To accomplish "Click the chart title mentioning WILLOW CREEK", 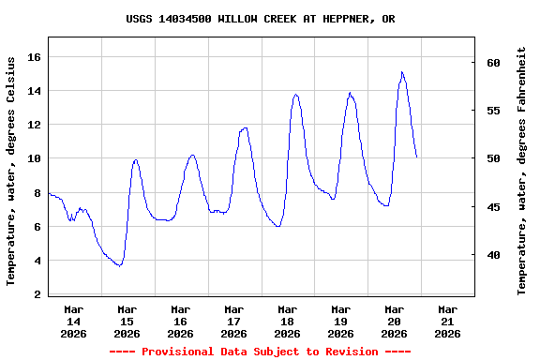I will [x=260, y=19].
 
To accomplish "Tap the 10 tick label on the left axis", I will [x=34, y=159].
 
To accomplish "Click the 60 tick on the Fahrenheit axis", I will [x=493, y=63].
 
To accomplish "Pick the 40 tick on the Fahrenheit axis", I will [x=493, y=255].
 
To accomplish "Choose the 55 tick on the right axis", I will [x=493, y=111].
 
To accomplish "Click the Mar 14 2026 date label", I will [x=73, y=321].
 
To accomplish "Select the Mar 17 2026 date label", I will [x=233, y=321].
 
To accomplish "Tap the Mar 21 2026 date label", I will [x=447, y=321].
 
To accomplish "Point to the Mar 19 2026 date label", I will [x=340, y=321].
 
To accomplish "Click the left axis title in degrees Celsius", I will [x=11, y=171].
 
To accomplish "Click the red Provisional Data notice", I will [x=260, y=352].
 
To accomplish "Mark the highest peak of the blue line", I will [x=402, y=72].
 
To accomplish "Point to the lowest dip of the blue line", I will [x=118, y=266].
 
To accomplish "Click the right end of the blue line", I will [x=416, y=157].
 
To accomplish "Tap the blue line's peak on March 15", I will [x=136, y=159].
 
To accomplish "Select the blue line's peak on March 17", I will [x=245, y=128].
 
